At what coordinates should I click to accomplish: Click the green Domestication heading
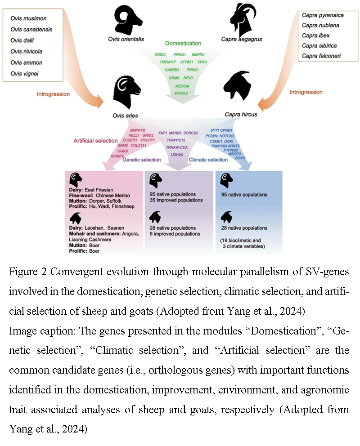click(x=183, y=44)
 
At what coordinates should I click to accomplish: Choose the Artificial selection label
click(x=96, y=141)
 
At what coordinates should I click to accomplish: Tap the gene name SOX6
click(x=238, y=158)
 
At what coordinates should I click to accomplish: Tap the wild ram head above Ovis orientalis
click(x=127, y=19)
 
